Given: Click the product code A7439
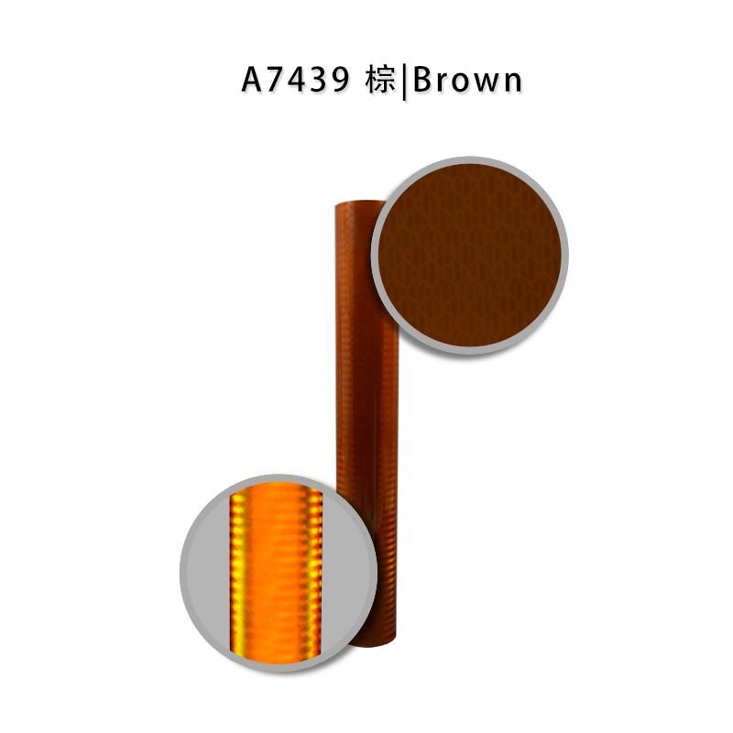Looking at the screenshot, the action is coord(295,80).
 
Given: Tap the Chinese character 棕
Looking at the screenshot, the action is coord(380,80).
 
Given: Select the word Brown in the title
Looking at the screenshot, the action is coord(467,80).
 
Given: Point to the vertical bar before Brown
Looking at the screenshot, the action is coord(404,82).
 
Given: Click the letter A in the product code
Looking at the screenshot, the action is coord(253,80).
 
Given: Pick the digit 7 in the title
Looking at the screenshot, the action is coord(276,80).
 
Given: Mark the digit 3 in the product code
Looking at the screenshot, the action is coord(319,80).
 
